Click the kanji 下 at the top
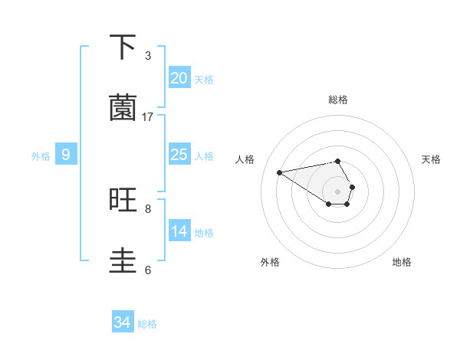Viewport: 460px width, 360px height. click(x=123, y=47)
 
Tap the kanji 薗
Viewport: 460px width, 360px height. click(x=123, y=108)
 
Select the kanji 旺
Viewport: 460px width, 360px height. click(x=123, y=200)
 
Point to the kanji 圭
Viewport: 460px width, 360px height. click(x=123, y=260)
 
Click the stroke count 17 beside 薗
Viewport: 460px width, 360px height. click(x=148, y=116)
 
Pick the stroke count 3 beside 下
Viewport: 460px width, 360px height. click(x=148, y=55)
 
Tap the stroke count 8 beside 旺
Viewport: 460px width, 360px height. click(x=148, y=208)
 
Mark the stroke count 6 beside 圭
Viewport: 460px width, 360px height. click(x=148, y=270)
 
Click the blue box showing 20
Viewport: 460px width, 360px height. click(x=179, y=78)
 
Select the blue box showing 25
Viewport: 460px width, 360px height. click(x=179, y=155)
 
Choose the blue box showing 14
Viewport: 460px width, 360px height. click(x=179, y=231)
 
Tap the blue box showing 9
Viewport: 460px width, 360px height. click(x=66, y=155)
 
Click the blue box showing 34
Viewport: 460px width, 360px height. click(x=123, y=322)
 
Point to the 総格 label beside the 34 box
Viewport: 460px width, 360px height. click(x=147, y=324)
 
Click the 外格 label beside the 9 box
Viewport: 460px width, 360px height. click(x=41, y=156)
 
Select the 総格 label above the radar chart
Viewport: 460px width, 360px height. click(x=337, y=100)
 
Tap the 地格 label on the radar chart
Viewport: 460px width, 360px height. click(x=402, y=262)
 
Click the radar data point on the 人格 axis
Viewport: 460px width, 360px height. click(x=279, y=172)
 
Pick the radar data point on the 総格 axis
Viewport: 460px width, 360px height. click(x=337, y=161)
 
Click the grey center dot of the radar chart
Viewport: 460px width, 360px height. click(x=337, y=191)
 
